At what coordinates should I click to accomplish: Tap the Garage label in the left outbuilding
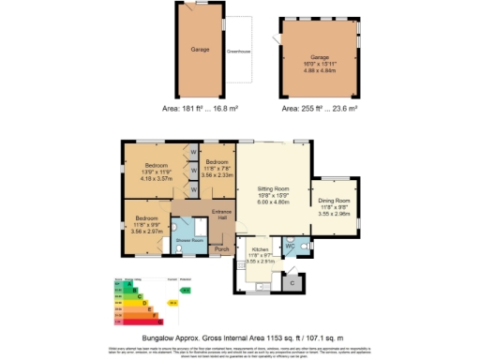click(200, 50)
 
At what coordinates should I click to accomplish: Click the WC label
click(291, 246)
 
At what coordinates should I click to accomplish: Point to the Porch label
click(221, 249)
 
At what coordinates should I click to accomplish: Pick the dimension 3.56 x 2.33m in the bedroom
click(217, 174)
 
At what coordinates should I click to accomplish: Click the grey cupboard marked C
click(292, 282)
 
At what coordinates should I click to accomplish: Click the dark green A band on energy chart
click(119, 284)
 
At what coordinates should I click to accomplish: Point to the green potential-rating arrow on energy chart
click(186, 291)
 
